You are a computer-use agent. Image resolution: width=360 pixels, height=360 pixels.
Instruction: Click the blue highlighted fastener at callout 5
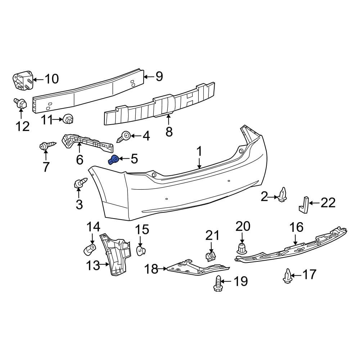(114, 159)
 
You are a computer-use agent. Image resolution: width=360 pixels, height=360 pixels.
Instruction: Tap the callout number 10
(52, 78)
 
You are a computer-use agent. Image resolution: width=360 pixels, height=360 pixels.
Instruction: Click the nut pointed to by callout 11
(68, 118)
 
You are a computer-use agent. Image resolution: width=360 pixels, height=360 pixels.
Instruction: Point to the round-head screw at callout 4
(125, 136)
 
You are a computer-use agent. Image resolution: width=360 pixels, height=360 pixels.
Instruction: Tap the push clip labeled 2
(283, 195)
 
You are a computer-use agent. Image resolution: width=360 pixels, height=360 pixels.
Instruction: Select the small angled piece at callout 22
(303, 204)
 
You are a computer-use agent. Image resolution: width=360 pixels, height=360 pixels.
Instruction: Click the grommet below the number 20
(242, 248)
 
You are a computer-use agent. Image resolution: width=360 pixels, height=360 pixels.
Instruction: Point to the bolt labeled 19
(218, 283)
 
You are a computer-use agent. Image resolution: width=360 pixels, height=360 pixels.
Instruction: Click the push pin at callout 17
(287, 276)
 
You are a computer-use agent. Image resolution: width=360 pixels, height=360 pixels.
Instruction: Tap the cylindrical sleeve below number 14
(90, 248)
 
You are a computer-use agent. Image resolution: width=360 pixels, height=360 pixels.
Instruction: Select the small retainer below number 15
(141, 250)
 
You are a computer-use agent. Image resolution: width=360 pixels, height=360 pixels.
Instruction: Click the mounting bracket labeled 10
(22, 81)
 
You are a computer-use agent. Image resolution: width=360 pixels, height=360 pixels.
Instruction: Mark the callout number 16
(297, 228)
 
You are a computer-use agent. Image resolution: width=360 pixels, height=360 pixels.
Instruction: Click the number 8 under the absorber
(169, 131)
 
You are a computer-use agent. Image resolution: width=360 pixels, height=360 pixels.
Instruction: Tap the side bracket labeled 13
(116, 254)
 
